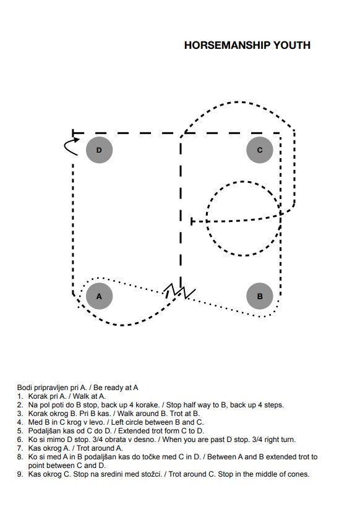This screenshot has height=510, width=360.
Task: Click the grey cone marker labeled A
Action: pos(99,296)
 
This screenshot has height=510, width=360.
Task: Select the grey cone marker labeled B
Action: pos(260,296)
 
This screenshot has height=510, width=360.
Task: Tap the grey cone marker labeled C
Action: pos(260,150)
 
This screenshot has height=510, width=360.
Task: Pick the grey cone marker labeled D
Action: pos(99,150)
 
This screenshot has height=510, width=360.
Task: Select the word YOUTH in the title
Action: pos(292,45)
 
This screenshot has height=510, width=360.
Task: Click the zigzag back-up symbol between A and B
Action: pos(179,291)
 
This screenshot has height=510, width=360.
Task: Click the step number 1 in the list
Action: pos(20,396)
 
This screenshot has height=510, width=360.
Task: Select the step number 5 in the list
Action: pos(20,431)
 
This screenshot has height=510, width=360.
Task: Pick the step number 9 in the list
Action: pos(20,474)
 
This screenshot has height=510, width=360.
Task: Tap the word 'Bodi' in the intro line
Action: pos(24,388)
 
